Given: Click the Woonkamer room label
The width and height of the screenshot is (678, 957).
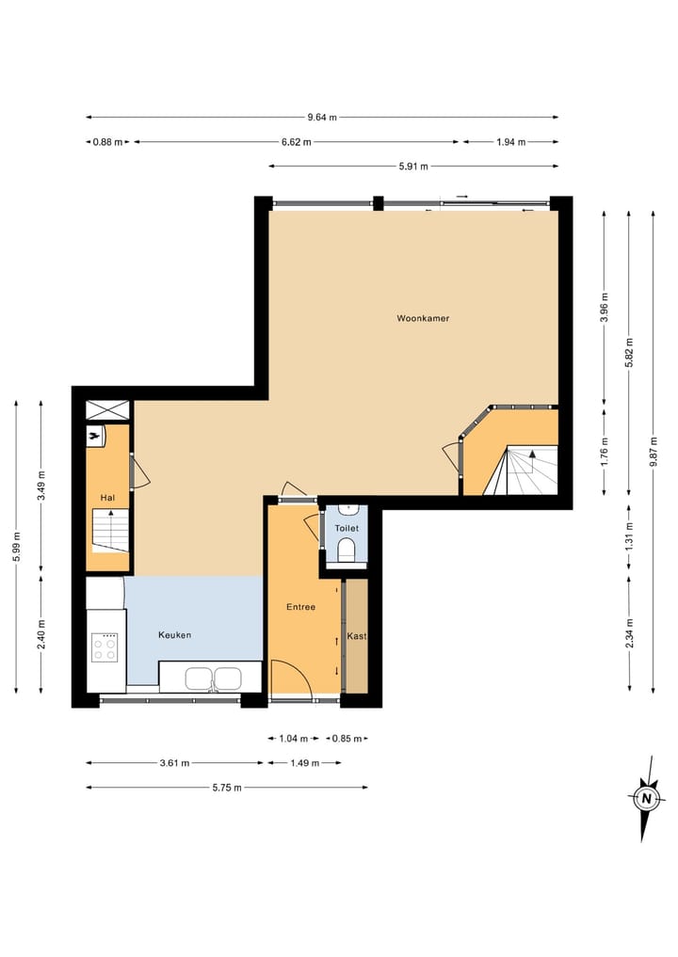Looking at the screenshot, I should point(423,319).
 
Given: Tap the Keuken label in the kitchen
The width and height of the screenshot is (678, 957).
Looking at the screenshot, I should point(174,635).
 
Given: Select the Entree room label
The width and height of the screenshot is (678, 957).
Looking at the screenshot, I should point(300,607).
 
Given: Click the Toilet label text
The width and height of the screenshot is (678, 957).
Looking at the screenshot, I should point(347,529).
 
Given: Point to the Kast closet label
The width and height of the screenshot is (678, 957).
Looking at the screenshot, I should point(357,636).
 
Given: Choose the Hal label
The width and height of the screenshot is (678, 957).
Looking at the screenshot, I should point(107,497).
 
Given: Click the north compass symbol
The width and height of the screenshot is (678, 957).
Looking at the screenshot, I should point(647,798).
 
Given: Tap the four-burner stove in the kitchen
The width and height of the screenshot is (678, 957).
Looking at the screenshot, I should point(105,648).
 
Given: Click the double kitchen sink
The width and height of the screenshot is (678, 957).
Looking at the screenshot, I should point(215,678).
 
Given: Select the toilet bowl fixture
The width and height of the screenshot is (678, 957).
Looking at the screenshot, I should point(347,550).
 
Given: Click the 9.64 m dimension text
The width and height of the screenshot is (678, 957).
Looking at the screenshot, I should point(322,118).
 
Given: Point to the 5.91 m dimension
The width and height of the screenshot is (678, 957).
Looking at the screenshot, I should point(413,167).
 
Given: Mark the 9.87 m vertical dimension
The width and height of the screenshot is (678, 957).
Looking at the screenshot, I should point(654,452).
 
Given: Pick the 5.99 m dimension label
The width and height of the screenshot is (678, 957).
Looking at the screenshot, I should point(16,546).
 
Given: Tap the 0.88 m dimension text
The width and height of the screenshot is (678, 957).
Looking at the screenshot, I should point(107,142).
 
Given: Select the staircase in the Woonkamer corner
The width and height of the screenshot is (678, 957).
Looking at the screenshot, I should point(522,471).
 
